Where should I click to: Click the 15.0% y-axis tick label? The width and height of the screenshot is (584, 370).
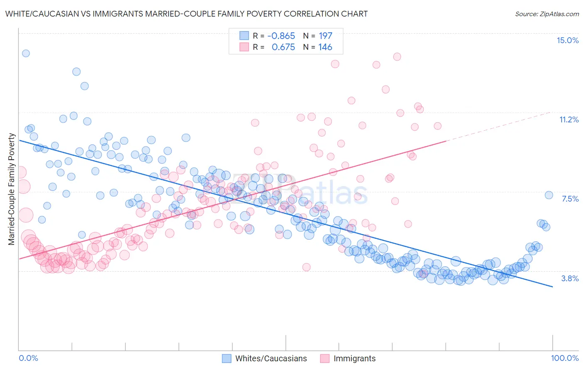pyautogui.click(x=567, y=40)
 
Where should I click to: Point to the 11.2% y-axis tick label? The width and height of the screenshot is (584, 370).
pyautogui.click(x=569, y=119)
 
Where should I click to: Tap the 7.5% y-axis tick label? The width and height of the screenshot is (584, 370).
pyautogui.click(x=570, y=199)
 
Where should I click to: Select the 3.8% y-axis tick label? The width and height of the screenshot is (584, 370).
pyautogui.click(x=570, y=278)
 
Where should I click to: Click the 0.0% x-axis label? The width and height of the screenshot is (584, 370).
pyautogui.click(x=28, y=358)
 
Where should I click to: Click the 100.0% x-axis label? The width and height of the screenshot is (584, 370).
pyautogui.click(x=564, y=358)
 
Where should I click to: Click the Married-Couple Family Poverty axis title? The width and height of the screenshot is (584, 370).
pyautogui.click(x=12, y=189)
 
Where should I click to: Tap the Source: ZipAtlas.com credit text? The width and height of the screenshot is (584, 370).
pyautogui.click(x=547, y=14)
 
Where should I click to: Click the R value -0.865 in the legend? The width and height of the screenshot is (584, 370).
pyautogui.click(x=281, y=36)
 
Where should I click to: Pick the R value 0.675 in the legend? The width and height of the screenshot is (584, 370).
pyautogui.click(x=283, y=47)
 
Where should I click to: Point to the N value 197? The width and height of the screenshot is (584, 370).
pyautogui.click(x=325, y=36)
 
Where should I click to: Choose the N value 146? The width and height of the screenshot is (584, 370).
pyautogui.click(x=325, y=47)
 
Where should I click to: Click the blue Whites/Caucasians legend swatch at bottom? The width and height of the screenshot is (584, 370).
pyautogui.click(x=226, y=358)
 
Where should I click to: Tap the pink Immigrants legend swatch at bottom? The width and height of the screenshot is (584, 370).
pyautogui.click(x=324, y=358)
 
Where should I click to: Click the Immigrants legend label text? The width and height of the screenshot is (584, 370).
pyautogui.click(x=354, y=358)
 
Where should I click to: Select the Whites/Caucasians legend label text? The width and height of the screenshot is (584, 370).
pyautogui.click(x=271, y=358)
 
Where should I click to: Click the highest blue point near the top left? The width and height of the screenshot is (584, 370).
pyautogui.click(x=26, y=53)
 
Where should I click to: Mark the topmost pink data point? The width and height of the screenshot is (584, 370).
pyautogui.click(x=397, y=57)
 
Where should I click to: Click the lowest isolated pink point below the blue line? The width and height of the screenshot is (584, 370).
pyautogui.click(x=307, y=267)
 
